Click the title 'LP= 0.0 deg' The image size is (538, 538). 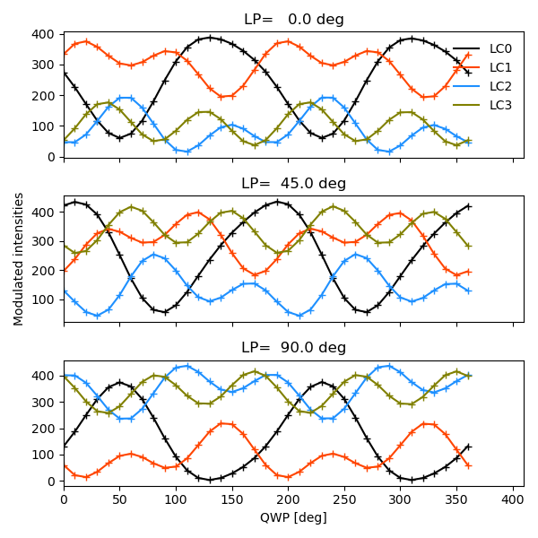pyautogui.click(x=293, y=20)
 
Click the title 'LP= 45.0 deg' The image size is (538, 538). pyautogui.click(x=293, y=184)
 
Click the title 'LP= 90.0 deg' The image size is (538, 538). pyautogui.click(x=293, y=348)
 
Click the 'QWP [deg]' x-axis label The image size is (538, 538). pyautogui.click(x=293, y=517)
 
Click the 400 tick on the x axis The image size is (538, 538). pyautogui.click(x=513, y=499)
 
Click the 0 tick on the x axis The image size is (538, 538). pyautogui.click(x=64, y=499)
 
